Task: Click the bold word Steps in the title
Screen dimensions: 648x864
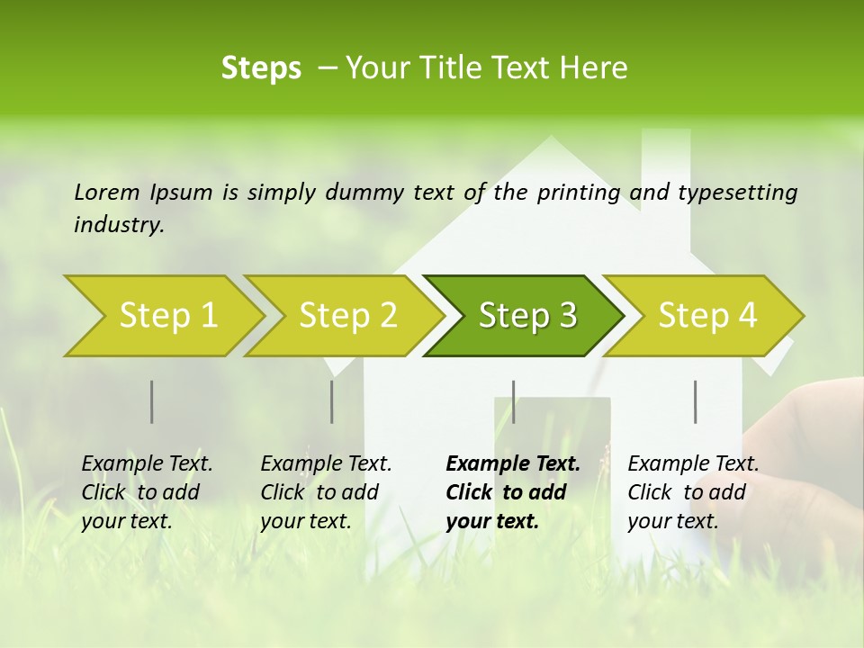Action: click(261, 67)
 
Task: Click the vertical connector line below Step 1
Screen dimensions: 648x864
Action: click(151, 401)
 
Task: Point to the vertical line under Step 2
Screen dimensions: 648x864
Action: click(331, 401)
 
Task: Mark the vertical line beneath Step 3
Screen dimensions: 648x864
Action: click(513, 401)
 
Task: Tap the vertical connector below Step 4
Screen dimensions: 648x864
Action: click(695, 401)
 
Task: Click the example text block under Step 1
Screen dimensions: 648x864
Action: click(147, 492)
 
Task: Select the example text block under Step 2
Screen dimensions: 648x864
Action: click(326, 492)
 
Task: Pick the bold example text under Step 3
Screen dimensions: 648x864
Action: click(512, 492)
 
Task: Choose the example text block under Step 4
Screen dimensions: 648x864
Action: click(693, 492)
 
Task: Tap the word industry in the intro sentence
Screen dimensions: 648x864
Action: click(118, 225)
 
